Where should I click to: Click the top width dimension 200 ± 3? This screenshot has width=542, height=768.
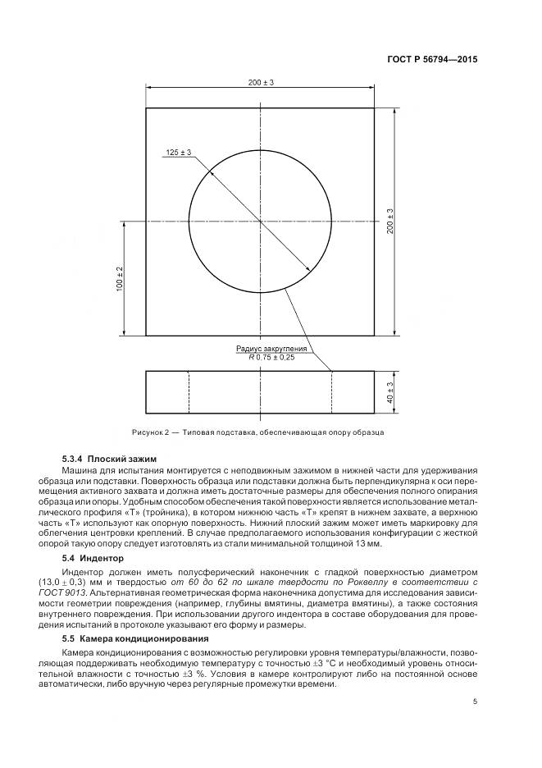point(260,83)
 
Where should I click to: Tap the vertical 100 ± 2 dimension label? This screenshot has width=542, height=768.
point(120,279)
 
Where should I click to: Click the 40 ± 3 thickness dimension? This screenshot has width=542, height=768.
point(391,392)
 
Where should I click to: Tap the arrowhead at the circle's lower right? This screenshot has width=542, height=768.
point(310,271)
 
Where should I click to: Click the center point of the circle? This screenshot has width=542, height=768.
point(260,222)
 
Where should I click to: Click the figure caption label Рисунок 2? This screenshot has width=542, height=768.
point(153,432)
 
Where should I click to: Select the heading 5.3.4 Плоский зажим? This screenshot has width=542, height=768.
point(109,458)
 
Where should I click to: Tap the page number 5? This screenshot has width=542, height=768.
point(476,701)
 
